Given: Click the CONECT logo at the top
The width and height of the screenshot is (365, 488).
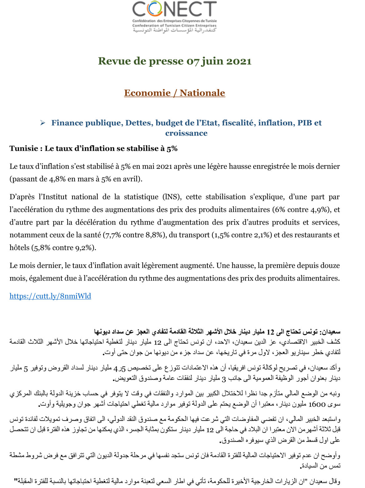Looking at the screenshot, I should click(174, 9).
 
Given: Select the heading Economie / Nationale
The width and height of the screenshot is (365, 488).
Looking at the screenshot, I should click(174, 93).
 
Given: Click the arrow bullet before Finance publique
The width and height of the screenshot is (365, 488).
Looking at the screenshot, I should click(43, 123).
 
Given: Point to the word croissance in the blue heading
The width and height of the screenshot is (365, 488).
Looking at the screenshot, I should click(186, 133).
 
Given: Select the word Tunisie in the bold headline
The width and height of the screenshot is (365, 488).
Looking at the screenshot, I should click(23, 148).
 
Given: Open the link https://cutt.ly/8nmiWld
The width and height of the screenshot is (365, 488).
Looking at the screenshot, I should click(50, 296).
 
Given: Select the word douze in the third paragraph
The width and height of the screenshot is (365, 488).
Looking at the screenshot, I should click(330, 266).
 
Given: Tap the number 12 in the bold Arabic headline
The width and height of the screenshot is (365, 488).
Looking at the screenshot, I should click(270, 331).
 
